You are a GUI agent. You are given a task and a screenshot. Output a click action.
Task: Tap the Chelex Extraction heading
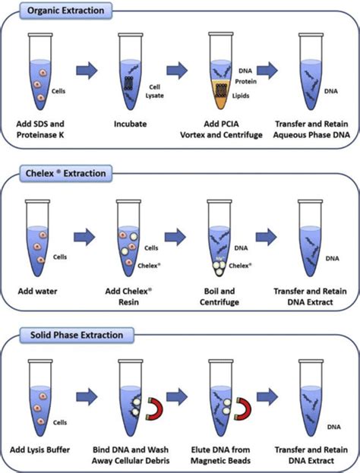click(67, 173)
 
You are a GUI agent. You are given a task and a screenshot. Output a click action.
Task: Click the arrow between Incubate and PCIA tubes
click(177, 70)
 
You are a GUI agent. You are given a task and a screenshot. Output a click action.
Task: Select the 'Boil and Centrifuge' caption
click(220, 295)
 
